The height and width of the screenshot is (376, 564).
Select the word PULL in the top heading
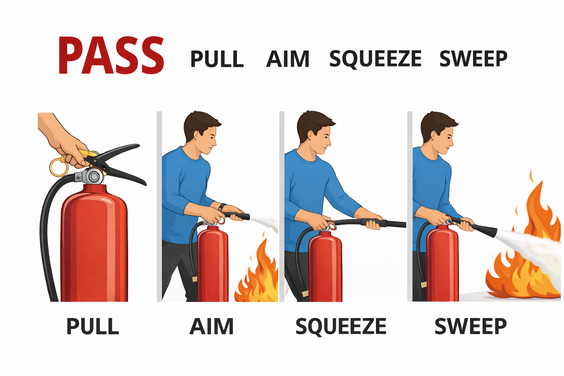[217, 59]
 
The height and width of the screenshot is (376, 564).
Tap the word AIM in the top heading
[288, 59]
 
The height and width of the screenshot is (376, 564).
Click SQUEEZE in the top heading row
[375, 59]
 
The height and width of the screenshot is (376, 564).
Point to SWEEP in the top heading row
[473, 59]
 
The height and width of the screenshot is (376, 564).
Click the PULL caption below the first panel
[93, 326]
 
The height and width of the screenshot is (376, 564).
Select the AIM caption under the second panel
[211, 326]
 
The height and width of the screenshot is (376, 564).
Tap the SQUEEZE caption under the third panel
[341, 326]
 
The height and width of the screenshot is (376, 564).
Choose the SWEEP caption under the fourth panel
[470, 326]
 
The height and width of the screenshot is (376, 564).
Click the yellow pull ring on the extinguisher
[59, 167]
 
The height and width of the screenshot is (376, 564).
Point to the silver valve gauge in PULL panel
[94, 177]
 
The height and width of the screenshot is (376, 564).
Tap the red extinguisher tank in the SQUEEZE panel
[325, 268]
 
